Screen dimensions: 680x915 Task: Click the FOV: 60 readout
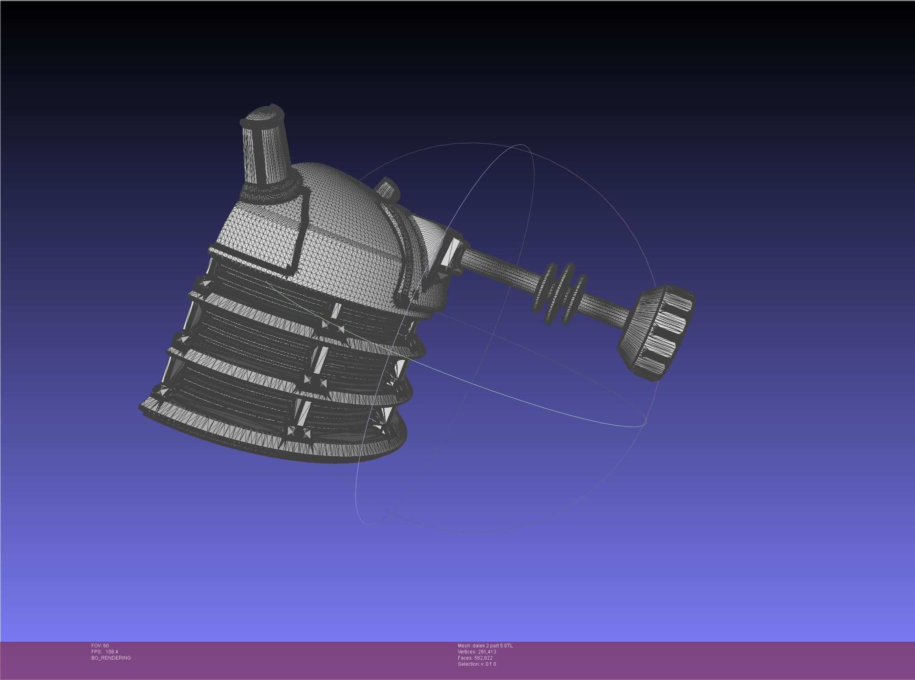(100, 645)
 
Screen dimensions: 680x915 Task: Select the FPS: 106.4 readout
(104, 651)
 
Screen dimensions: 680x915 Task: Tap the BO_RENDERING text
(111, 658)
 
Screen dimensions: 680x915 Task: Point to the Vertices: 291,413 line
(477, 651)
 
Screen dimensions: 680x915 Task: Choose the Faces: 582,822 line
(475, 658)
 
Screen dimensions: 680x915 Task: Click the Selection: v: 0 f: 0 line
(477, 664)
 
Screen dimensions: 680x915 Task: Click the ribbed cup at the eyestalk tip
(657, 331)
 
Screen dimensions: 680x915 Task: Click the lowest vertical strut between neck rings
(303, 414)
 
